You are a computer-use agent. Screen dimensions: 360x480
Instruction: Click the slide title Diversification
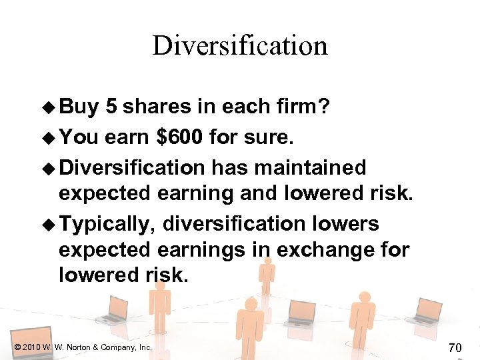[240, 46]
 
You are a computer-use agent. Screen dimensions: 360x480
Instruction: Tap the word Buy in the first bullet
[79, 107]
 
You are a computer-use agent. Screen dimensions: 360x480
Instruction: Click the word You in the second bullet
[79, 137]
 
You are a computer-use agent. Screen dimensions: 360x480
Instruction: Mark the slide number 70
[455, 347]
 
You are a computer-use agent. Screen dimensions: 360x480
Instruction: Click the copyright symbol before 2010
[17, 347]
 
